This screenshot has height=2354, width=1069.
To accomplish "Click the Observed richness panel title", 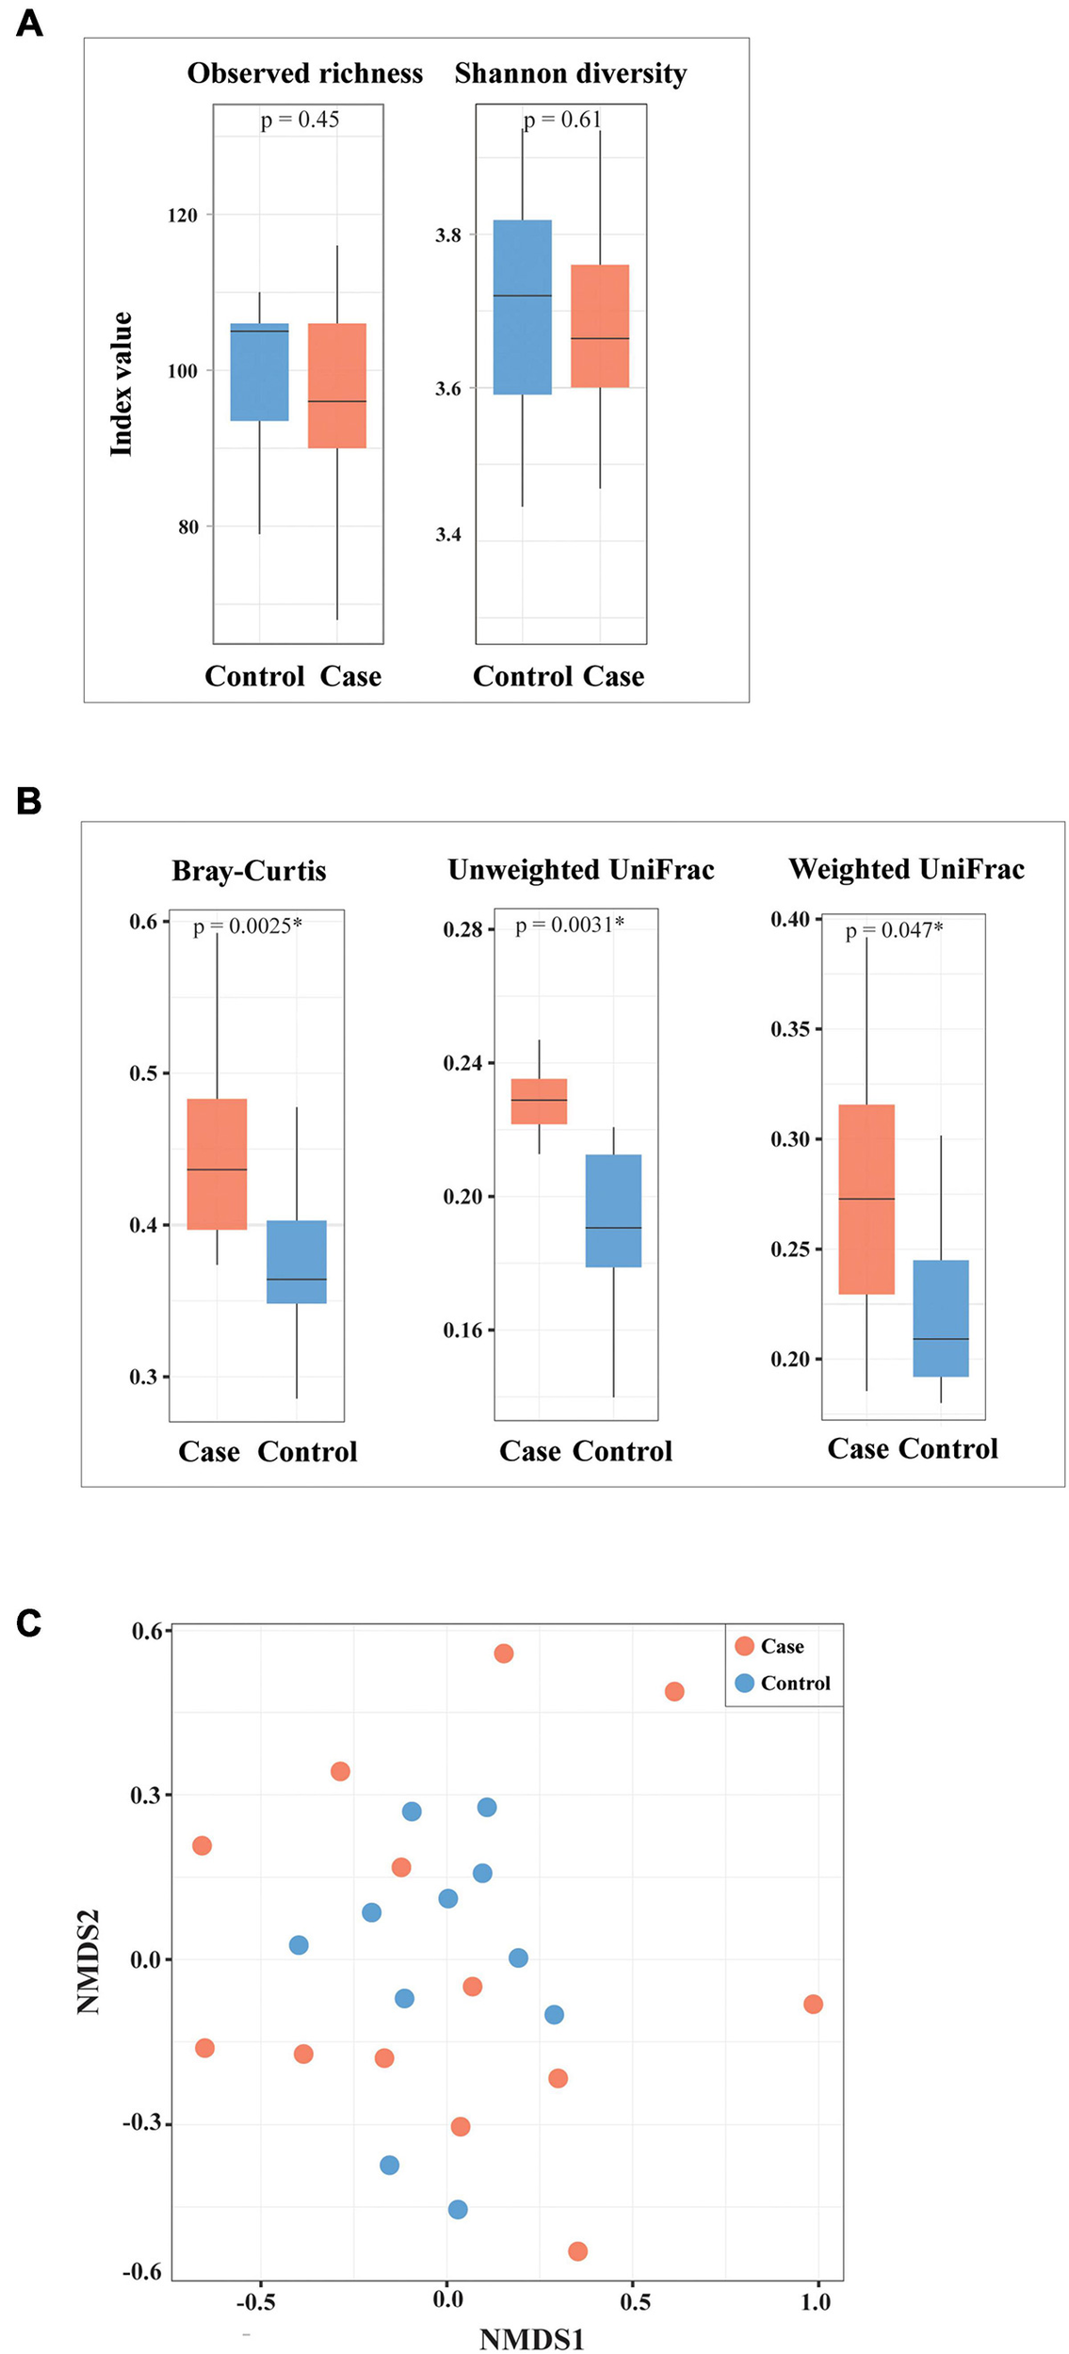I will (x=304, y=73).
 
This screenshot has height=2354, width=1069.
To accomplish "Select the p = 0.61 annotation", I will (x=562, y=120).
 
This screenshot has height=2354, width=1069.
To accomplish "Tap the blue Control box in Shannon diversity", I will (x=522, y=307).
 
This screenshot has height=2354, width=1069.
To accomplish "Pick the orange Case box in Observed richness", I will (x=337, y=385).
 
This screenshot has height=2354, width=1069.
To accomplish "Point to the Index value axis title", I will (x=121, y=384).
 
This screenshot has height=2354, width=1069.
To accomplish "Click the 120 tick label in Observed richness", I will (x=183, y=216).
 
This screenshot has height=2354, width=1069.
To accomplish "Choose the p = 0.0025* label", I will (x=248, y=926).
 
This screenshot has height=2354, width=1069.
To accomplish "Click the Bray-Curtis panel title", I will (x=249, y=870).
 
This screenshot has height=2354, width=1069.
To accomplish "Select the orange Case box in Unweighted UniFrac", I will (x=539, y=1101).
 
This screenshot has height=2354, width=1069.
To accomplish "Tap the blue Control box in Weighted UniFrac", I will (x=940, y=1318).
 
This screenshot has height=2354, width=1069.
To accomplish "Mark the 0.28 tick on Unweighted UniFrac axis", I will (x=462, y=930).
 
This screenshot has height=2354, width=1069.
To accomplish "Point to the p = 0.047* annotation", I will (x=894, y=930).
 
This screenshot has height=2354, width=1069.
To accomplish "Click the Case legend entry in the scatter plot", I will (x=770, y=1646).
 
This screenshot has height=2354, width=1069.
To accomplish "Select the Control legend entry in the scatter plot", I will (x=784, y=1683).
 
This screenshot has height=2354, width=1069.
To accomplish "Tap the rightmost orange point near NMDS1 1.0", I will (x=813, y=2004).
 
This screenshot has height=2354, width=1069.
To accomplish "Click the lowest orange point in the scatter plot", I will (x=577, y=2251).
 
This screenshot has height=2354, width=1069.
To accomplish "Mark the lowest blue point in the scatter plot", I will (x=458, y=2209).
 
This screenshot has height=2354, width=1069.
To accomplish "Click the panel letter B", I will (x=29, y=801).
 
